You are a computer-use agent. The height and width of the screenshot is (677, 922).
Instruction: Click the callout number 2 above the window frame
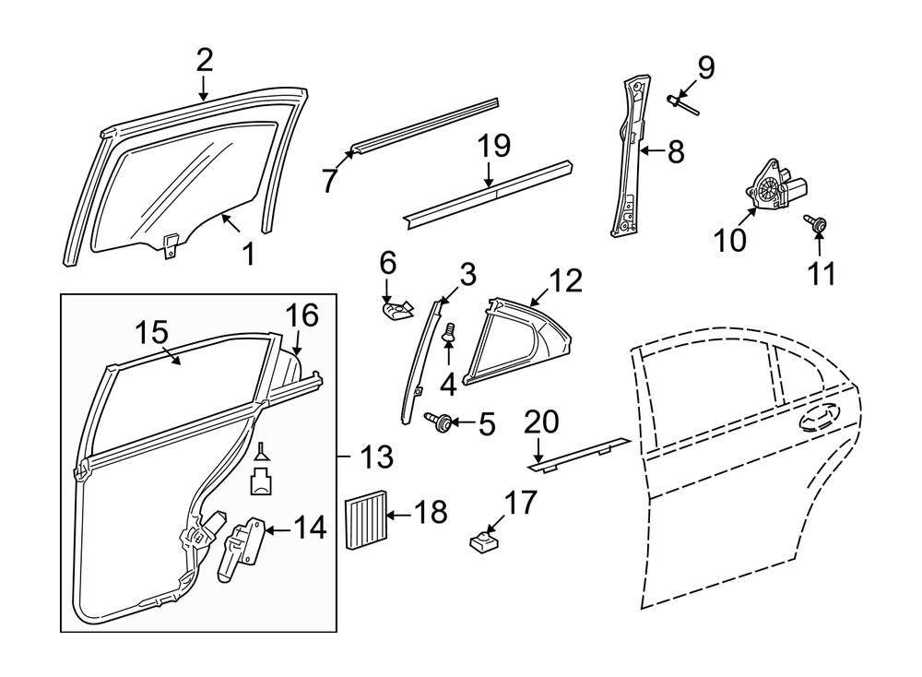(x=204, y=61)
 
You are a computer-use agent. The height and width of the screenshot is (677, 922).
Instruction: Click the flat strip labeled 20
(x=581, y=450)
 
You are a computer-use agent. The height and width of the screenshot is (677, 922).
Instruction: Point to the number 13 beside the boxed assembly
(x=376, y=456)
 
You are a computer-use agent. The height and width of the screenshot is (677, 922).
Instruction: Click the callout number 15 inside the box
(x=154, y=331)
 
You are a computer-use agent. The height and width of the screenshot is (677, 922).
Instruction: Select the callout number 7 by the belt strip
(x=330, y=180)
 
